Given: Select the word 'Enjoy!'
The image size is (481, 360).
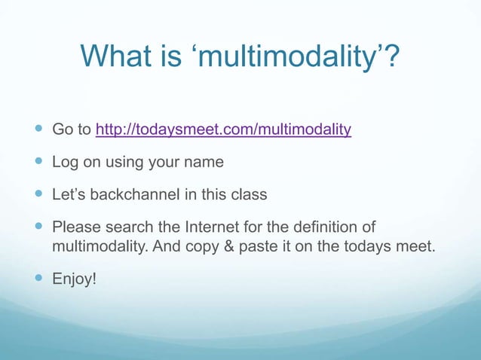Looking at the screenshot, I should [74, 279].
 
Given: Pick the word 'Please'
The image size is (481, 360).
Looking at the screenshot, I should [75, 227].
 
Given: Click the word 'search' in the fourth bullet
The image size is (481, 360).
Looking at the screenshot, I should [129, 227].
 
